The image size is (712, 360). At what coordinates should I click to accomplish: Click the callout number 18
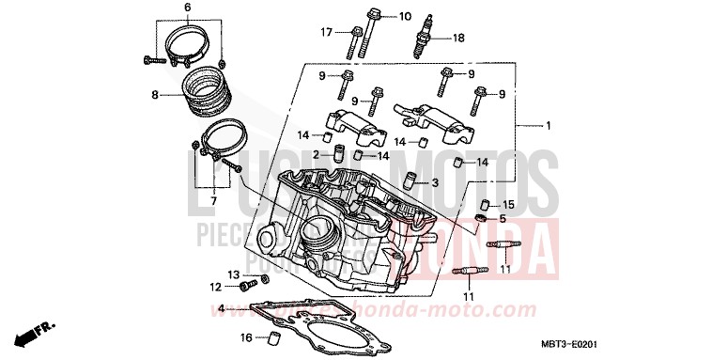click(x=458, y=39)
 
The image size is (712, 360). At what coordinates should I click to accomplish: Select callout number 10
click(x=405, y=17)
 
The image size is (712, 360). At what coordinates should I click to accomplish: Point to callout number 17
click(x=327, y=33)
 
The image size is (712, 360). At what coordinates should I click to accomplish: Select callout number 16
click(x=246, y=337)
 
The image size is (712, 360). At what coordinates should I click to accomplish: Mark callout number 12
click(x=215, y=287)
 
